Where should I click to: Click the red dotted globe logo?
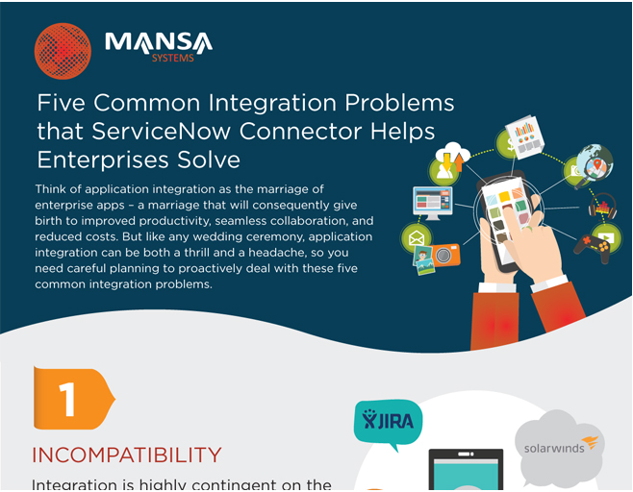click(63, 51)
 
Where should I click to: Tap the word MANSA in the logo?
click(159, 42)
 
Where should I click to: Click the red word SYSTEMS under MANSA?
click(173, 58)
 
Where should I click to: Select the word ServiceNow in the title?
click(162, 131)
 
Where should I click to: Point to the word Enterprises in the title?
click(103, 160)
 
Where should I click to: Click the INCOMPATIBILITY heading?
click(127, 455)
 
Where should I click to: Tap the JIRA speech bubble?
click(388, 423)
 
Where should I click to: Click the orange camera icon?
click(443, 256)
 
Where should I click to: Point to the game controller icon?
click(592, 247)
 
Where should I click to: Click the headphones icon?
click(602, 207)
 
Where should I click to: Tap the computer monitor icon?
click(433, 203)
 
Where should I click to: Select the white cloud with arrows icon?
click(452, 156)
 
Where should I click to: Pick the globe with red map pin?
click(595, 162)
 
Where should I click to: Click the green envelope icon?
click(417, 238)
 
